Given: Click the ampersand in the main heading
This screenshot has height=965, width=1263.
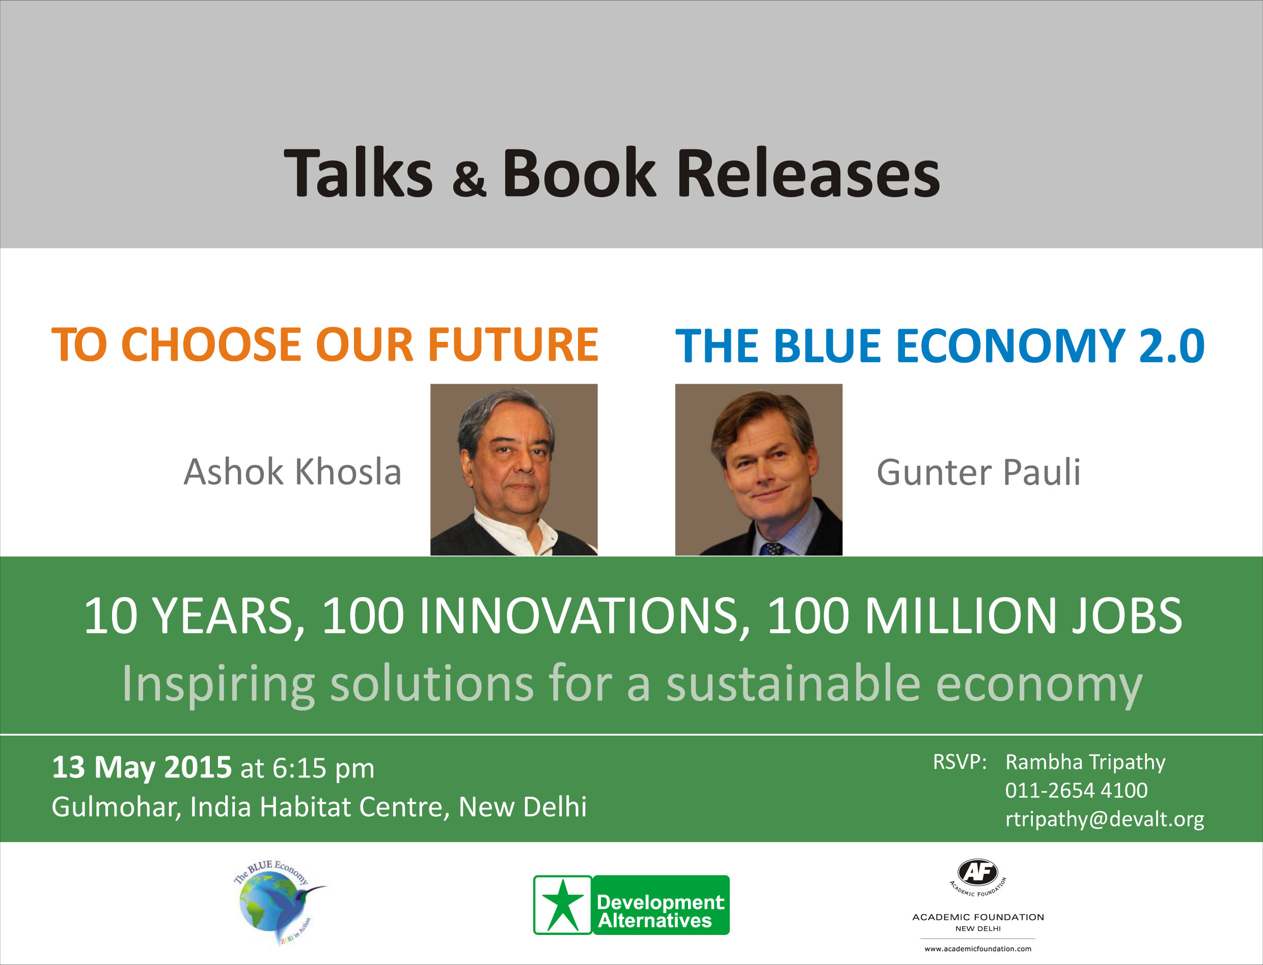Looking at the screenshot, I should tap(469, 179).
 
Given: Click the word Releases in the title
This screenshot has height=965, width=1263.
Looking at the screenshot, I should tap(808, 173).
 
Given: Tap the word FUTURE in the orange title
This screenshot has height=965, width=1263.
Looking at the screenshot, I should tap(513, 344).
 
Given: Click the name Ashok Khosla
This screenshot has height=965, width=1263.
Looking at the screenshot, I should tap(292, 472).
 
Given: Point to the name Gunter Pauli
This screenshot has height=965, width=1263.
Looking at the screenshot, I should tap(978, 472).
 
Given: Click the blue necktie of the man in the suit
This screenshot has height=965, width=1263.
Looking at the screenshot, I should tap(773, 549).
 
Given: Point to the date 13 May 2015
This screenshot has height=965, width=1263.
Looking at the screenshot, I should tap(141, 767).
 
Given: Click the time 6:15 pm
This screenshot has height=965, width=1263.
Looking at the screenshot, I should tap(323, 768).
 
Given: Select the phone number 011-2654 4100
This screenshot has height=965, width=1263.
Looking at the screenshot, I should tap(1076, 790).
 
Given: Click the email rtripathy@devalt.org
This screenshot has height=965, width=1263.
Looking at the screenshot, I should tap(1104, 819).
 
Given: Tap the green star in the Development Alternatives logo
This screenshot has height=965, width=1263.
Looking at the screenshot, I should tap(563, 905).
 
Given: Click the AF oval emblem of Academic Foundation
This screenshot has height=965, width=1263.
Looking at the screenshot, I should tap(978, 872).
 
